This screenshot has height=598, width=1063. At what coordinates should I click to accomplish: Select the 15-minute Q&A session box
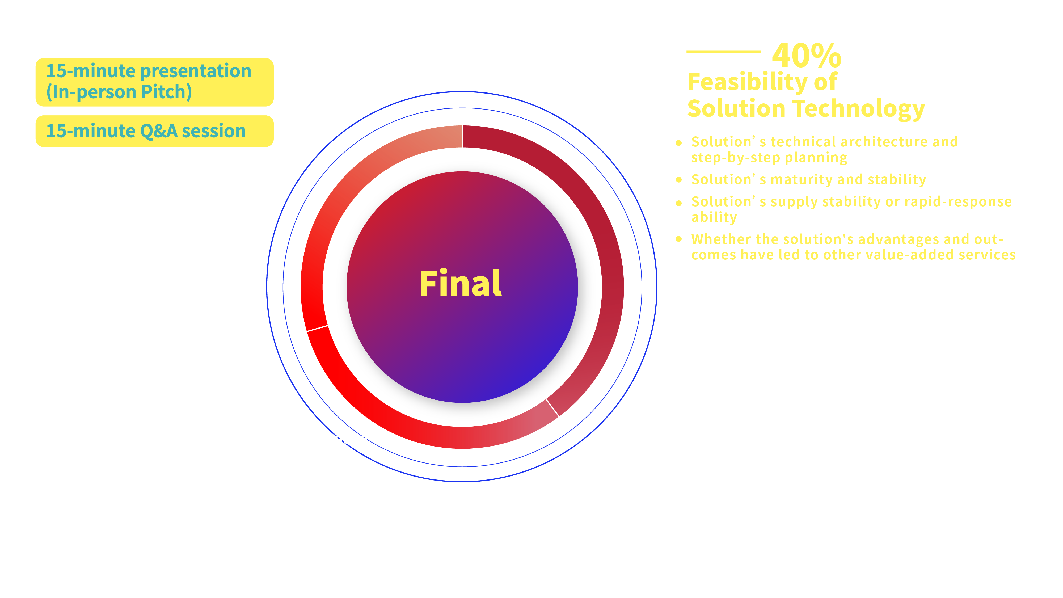[x=154, y=131]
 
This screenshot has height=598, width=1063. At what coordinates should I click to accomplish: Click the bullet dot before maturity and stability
[x=679, y=179]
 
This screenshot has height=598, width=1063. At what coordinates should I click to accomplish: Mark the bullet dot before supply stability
[x=679, y=203]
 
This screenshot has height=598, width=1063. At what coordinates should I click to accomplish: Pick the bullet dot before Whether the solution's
[x=679, y=239]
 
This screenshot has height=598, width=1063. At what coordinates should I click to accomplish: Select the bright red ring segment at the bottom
[x=413, y=429]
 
